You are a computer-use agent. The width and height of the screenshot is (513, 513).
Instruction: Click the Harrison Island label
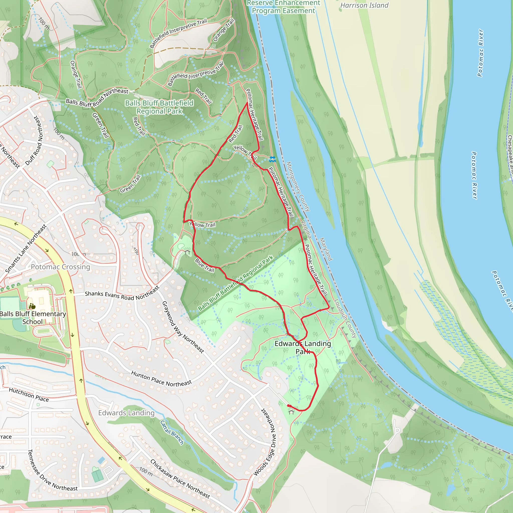[x=364, y=5]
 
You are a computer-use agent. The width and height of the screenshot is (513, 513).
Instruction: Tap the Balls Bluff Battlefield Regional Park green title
[x=159, y=107]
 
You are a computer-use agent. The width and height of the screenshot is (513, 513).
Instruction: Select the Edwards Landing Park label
[x=303, y=347]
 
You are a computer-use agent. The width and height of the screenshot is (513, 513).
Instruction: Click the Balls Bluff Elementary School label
[x=33, y=318]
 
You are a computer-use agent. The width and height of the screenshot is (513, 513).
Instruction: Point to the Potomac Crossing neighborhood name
[x=61, y=267]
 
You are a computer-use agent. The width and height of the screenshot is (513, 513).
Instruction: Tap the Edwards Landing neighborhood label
[x=126, y=413]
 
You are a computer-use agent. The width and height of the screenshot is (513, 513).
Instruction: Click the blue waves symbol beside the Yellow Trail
[x=273, y=159]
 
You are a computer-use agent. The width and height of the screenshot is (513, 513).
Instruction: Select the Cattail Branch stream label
[x=172, y=432]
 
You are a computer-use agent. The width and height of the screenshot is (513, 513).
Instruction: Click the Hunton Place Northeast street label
[x=161, y=379]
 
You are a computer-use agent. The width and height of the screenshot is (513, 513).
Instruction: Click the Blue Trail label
[x=204, y=265]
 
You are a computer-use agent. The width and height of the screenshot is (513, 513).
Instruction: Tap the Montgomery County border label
[x=298, y=186]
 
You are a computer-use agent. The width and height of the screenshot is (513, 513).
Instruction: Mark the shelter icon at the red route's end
[x=291, y=412]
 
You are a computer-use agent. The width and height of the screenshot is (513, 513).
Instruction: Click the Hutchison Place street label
[x=29, y=395]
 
